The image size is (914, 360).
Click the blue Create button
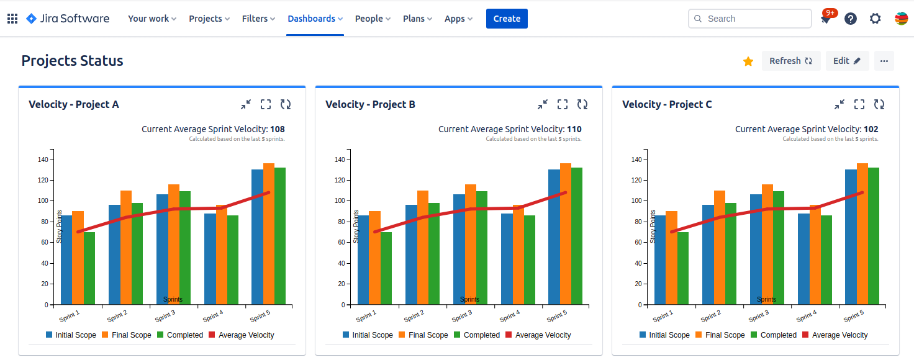click(x=507, y=19)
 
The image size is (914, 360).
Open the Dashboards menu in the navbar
click(x=315, y=19)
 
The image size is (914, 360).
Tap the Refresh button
click(x=790, y=61)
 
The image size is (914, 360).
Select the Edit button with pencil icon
click(x=847, y=61)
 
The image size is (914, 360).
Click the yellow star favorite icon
click(x=748, y=61)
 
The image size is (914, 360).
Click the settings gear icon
click(x=875, y=19)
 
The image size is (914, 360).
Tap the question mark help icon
click(x=851, y=19)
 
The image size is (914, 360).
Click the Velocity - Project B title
click(x=370, y=104)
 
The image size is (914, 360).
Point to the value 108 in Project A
click(x=278, y=129)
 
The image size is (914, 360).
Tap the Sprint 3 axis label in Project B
click(x=461, y=316)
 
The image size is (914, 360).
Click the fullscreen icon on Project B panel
click(x=563, y=104)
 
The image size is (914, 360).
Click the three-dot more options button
click(x=884, y=61)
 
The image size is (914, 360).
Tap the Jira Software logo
click(x=68, y=19)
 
